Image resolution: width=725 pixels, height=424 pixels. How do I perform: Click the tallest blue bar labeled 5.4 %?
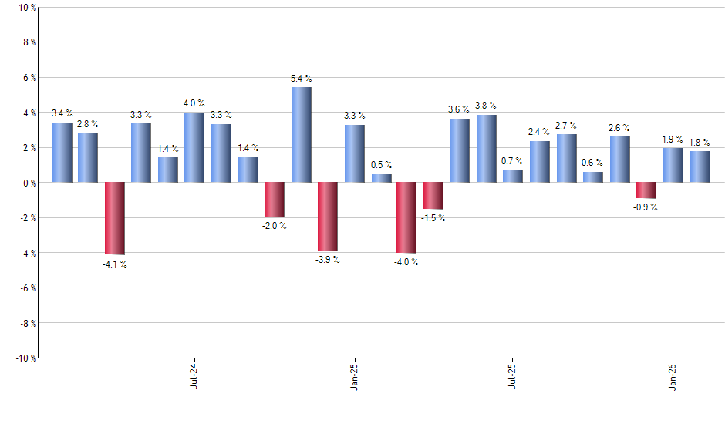(301, 135)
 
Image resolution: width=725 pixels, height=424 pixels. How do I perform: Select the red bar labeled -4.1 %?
(115, 218)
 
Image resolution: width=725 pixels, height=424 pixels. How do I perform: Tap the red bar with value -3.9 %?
(327, 217)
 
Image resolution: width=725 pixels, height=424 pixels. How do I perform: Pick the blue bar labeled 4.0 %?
(194, 147)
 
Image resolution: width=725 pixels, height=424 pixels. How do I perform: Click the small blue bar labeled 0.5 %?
(381, 178)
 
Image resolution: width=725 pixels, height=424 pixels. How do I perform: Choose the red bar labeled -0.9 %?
(646, 190)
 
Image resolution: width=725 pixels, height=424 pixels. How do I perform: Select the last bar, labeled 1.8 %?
(700, 167)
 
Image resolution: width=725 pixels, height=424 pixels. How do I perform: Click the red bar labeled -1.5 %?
(433, 196)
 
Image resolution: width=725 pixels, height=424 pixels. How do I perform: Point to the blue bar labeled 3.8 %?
(486, 149)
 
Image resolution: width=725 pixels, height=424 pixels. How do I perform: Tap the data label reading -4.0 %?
(406, 262)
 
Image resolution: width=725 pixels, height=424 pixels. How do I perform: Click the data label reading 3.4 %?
(62, 114)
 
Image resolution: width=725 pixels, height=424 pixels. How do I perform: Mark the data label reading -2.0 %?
(275, 226)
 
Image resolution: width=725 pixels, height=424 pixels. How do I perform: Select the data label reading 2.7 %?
(567, 125)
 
